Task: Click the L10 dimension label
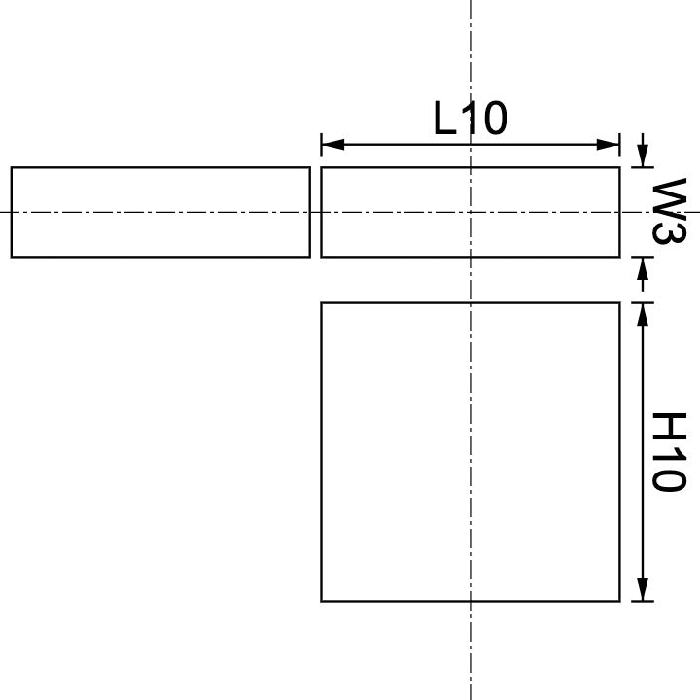(x=471, y=119)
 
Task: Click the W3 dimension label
(x=669, y=212)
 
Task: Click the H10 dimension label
(x=669, y=452)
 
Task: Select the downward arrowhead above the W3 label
(x=642, y=157)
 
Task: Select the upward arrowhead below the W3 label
(x=642, y=267)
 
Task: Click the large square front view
(x=471, y=452)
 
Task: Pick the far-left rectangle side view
(x=160, y=212)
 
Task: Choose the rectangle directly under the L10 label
(x=471, y=212)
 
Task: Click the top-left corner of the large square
(x=322, y=303)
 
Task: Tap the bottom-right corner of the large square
(x=619, y=601)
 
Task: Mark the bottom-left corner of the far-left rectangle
(x=12, y=257)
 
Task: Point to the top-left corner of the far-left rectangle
(x=12, y=168)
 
